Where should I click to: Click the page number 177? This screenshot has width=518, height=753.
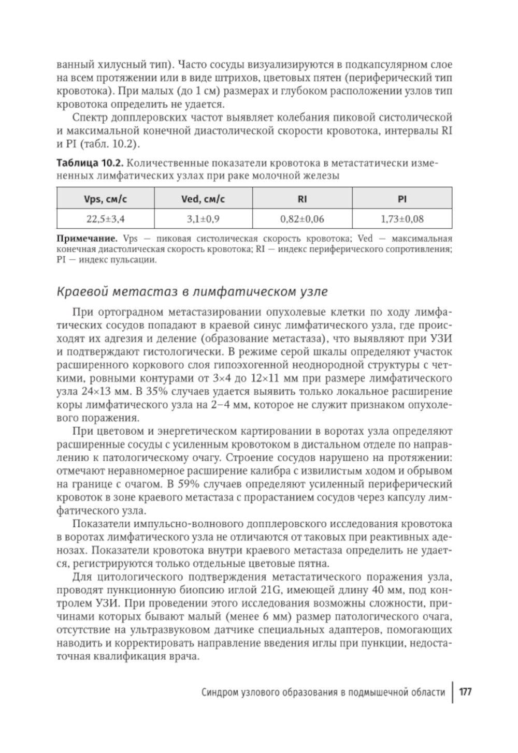tap(465, 692)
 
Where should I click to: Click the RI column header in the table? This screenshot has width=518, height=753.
tap(302, 199)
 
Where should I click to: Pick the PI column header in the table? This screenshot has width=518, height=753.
tap(402, 199)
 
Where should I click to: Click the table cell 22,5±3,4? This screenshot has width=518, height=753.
tap(105, 219)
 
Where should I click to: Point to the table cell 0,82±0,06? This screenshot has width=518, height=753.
tap(302, 219)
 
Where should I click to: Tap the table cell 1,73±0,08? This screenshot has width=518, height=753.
tap(402, 219)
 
